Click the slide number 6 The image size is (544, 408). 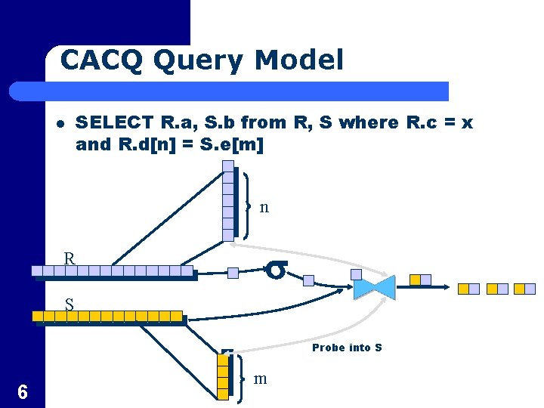(23, 391)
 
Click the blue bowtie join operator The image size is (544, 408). (374, 286)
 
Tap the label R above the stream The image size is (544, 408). (70, 259)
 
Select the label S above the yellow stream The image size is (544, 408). (69, 305)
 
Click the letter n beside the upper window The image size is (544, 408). (264, 206)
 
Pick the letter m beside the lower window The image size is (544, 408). (261, 379)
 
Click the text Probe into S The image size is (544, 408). (347, 348)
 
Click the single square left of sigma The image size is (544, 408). (233, 273)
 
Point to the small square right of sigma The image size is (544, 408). (308, 280)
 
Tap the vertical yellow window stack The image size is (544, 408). (223, 376)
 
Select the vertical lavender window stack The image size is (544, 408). (228, 205)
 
